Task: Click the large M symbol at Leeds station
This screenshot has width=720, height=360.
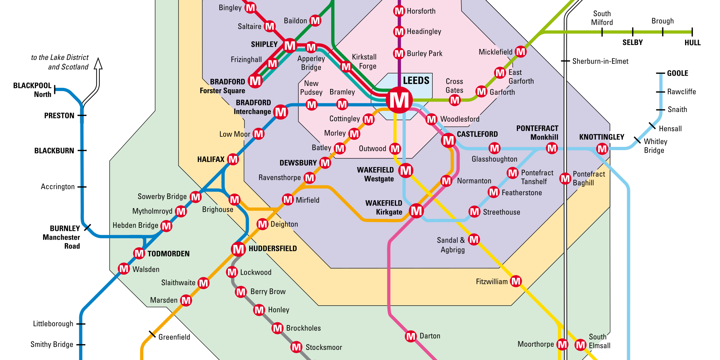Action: click(399, 100)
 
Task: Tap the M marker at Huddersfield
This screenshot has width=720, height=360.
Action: click(238, 249)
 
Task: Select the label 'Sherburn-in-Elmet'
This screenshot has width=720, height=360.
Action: click(600, 61)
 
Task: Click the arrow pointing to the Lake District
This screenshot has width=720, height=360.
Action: click(98, 65)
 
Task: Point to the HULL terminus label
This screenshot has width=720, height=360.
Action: click(692, 43)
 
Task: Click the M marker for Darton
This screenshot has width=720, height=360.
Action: click(411, 336)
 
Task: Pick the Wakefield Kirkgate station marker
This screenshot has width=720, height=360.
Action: click(416, 211)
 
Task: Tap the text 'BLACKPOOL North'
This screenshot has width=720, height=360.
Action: click(32, 90)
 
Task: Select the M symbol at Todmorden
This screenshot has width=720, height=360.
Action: click(139, 253)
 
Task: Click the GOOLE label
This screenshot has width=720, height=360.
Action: click(677, 73)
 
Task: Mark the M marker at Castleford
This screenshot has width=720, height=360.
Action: click(448, 140)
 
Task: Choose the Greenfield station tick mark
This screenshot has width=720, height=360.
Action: click(152, 334)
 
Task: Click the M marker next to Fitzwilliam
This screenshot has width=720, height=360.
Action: click(516, 281)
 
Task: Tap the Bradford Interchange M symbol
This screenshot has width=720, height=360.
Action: click(280, 112)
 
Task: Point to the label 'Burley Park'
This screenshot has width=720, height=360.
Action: click(424, 54)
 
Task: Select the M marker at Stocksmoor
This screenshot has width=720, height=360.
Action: click(296, 347)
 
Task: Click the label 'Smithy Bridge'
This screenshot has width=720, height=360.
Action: click(52, 345)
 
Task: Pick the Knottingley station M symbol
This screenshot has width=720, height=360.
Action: click(602, 148)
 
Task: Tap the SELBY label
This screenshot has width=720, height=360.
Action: click(632, 42)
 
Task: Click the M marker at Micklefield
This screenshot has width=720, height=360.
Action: click(521, 52)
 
